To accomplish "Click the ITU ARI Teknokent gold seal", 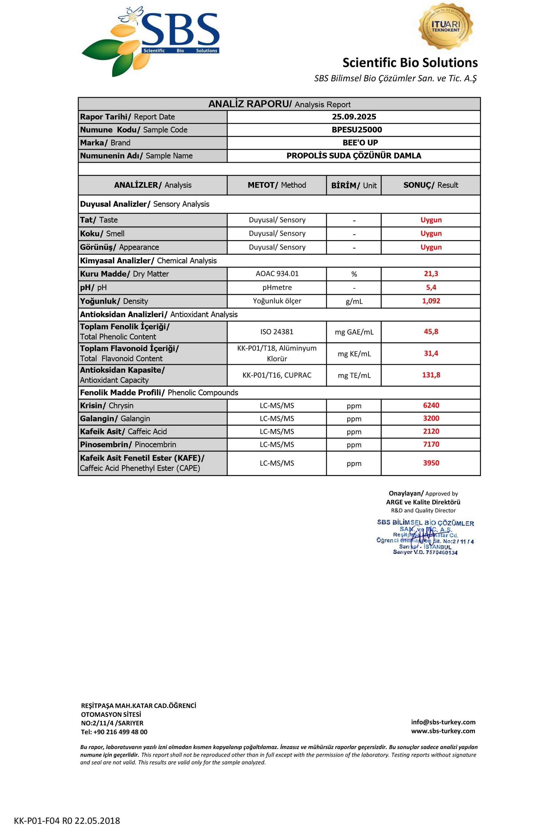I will point(446,27).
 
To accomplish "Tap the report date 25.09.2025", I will point(354,117).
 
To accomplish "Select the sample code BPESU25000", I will point(357,130).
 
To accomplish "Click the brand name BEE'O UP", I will point(360,143).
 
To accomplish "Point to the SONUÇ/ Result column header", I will point(430,185).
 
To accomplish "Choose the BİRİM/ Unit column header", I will point(354,186).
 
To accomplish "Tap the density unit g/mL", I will point(354,301).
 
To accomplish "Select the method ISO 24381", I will point(277,331).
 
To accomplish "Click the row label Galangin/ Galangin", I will point(115,419).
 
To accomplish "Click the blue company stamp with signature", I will point(425,537).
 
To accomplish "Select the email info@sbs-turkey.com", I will point(443,722).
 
